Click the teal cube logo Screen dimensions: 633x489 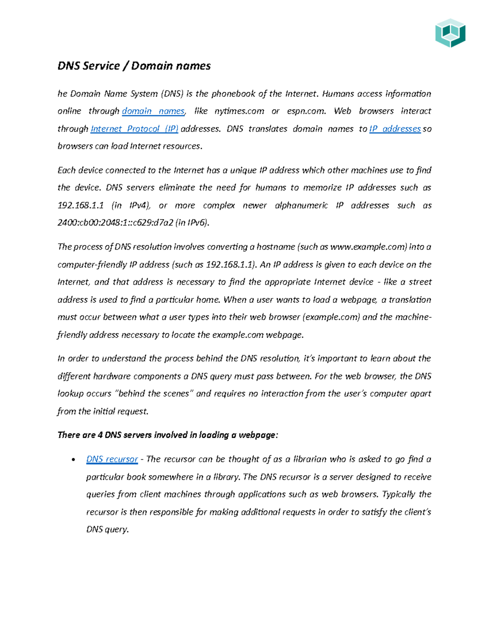(x=450, y=33)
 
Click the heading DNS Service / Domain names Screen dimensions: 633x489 (x=134, y=66)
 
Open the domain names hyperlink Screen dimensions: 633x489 (x=153, y=111)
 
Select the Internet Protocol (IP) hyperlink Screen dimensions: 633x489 (x=134, y=129)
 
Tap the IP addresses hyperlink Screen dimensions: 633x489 (x=395, y=129)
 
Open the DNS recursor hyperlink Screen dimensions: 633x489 (x=112, y=459)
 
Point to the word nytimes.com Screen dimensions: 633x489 (x=239, y=111)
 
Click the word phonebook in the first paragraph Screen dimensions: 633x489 (x=233, y=94)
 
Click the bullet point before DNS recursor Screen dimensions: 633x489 (x=73, y=460)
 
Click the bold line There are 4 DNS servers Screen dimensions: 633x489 (x=167, y=435)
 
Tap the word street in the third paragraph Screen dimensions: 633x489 (x=420, y=282)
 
